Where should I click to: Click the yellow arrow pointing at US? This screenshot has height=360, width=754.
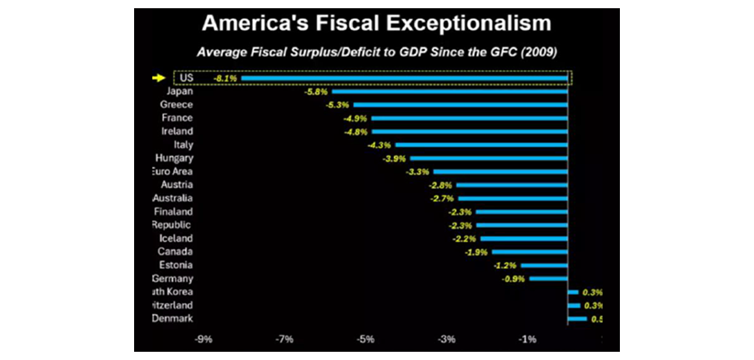point(158,78)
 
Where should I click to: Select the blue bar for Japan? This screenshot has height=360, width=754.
point(449,92)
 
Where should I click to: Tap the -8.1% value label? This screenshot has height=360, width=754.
point(225,79)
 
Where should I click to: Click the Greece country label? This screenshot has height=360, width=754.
point(176,105)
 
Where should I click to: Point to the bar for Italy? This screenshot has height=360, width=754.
point(481,145)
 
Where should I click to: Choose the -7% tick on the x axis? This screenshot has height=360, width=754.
point(285,339)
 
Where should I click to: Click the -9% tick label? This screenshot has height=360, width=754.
point(203,339)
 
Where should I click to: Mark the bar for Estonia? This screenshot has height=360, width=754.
point(544,266)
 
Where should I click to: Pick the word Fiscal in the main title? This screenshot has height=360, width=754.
point(337,23)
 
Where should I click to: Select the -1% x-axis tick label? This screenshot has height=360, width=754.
point(527,339)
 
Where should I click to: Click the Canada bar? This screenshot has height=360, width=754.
point(530,252)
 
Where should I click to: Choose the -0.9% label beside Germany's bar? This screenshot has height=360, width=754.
point(515,279)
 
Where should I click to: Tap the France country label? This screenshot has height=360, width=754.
point(177,118)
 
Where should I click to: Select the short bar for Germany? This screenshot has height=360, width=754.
point(548,279)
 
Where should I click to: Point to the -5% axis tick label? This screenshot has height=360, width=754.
point(365,339)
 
